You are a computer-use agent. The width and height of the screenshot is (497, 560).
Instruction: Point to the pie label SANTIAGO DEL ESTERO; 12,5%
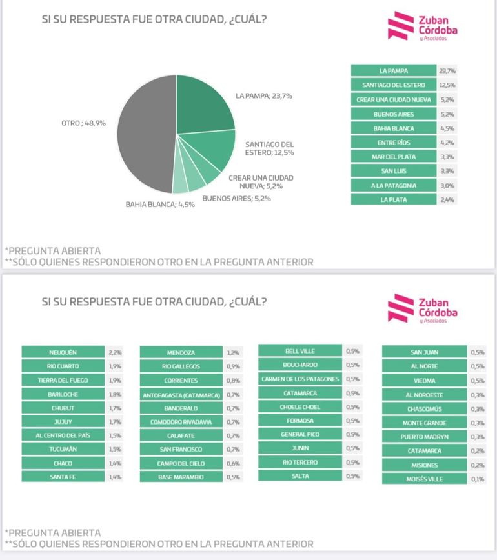(x=270, y=148)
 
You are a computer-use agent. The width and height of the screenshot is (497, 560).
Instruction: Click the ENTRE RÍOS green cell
(x=394, y=143)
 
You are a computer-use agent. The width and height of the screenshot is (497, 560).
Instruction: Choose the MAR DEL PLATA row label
(x=394, y=157)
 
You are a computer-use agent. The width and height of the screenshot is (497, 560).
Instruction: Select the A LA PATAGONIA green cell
(x=394, y=185)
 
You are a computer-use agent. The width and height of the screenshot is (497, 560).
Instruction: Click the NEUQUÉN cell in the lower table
(x=63, y=352)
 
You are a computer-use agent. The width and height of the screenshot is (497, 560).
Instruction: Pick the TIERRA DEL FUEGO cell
(x=63, y=380)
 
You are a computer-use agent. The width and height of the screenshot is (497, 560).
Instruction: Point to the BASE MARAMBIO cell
(x=181, y=477)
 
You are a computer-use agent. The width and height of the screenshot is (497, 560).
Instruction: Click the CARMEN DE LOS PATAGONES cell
(x=300, y=379)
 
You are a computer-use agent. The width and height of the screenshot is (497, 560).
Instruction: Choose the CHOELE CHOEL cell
(x=300, y=407)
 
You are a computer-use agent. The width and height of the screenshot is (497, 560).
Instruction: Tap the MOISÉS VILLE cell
(x=424, y=479)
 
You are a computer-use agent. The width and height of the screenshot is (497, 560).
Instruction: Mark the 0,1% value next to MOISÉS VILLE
(x=477, y=479)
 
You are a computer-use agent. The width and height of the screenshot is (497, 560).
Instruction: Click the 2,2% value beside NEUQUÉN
(x=116, y=352)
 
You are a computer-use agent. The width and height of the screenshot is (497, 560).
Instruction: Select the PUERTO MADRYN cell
(x=424, y=437)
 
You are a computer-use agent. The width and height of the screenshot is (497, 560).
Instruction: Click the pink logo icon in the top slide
(x=401, y=26)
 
